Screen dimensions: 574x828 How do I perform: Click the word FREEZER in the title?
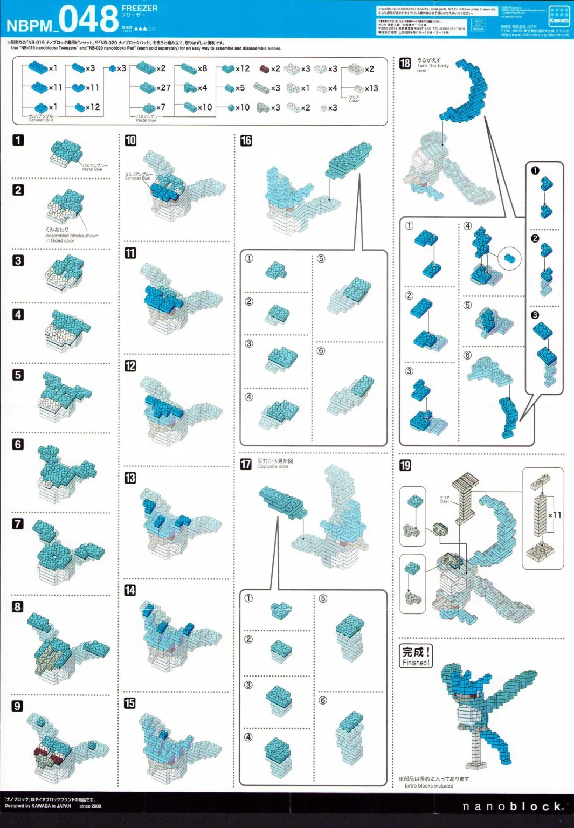coord(140,8)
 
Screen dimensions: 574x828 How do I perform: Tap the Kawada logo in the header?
coord(559,16)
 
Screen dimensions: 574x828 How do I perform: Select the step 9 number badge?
coord(18,706)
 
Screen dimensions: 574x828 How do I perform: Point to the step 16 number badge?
coord(246,141)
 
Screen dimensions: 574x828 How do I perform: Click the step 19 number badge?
coord(405,465)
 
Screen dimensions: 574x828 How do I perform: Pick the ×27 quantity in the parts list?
coord(163,87)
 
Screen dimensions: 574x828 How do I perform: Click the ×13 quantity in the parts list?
coord(371,88)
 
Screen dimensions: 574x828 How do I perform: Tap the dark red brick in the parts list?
coord(264,69)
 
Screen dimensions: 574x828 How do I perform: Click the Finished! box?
coord(416,656)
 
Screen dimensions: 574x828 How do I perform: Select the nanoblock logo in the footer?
coord(513,806)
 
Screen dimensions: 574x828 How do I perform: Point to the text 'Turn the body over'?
coord(432,65)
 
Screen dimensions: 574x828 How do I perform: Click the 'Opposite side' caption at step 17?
coord(272,467)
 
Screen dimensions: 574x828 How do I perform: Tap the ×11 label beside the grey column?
coord(555,515)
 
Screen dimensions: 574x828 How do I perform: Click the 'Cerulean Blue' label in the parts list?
coord(41,120)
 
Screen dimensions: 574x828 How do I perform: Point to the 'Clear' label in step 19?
coord(445,500)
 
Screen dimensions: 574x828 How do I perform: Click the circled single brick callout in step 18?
coord(509,259)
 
